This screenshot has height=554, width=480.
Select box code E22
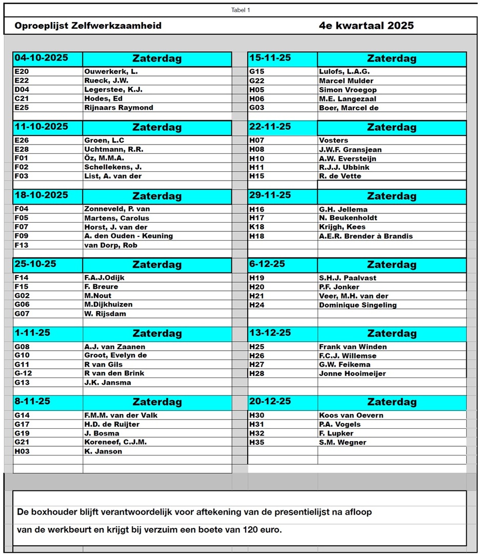(x=22, y=81)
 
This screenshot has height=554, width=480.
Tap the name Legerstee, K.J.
(x=113, y=90)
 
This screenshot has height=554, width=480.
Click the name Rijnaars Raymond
(x=118, y=108)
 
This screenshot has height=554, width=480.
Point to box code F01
(x=22, y=159)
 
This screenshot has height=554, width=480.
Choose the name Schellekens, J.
(x=113, y=167)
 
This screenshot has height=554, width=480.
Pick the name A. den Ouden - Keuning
(x=128, y=236)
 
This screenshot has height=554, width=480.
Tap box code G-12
(x=23, y=373)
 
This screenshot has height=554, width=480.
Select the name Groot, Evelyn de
(x=115, y=355)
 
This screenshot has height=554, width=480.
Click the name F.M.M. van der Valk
(x=121, y=415)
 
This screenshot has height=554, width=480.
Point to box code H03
(x=22, y=451)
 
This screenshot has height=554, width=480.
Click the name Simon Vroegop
(x=348, y=90)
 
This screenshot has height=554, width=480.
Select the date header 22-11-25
(x=270, y=127)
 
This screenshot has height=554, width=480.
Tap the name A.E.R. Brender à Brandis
(x=366, y=236)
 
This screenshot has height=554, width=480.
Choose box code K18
(x=257, y=227)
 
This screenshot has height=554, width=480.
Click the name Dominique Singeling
(x=357, y=305)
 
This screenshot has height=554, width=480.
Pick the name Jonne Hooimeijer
(x=352, y=373)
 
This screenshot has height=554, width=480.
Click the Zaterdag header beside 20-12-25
(x=392, y=402)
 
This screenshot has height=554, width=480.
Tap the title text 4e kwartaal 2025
(x=366, y=26)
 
